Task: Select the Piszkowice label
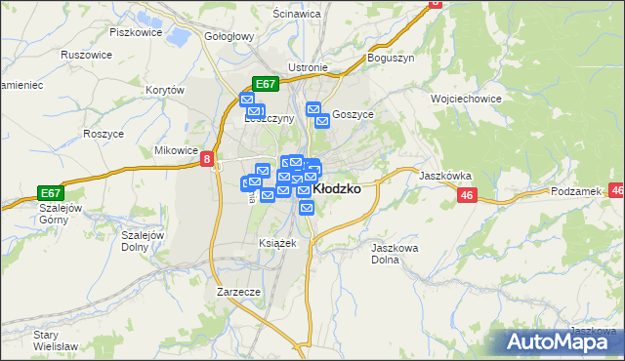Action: click(x=135, y=32)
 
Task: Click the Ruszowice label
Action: click(x=86, y=55)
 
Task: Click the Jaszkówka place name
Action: click(x=445, y=177)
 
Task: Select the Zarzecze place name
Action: click(x=238, y=291)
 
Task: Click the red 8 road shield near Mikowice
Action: click(x=207, y=159)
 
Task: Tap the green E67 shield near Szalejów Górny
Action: click(x=52, y=192)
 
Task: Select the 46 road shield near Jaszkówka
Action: click(x=465, y=196)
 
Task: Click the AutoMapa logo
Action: click(x=562, y=342)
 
